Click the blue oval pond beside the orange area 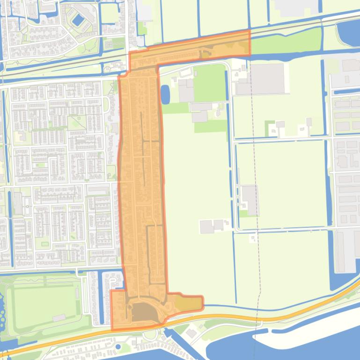point(165,94)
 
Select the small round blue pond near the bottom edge point(117,347)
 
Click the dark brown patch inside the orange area point(145,312)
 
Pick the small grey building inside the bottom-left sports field point(59,317)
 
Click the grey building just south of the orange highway point(191,333)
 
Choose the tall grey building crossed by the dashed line point(250,200)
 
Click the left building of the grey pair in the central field point(206,227)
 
